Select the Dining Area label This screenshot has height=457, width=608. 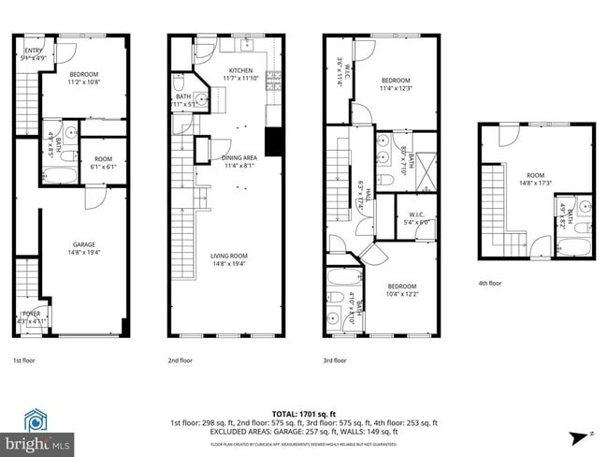[x=239, y=163]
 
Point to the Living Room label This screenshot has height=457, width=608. [x=227, y=260]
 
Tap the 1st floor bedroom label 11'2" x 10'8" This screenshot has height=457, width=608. [x=85, y=79]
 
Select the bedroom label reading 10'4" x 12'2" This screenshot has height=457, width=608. [x=402, y=291]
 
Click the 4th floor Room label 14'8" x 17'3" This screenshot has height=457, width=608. [x=535, y=179]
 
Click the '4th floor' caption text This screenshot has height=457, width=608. [x=489, y=284]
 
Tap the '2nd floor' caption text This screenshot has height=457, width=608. [x=181, y=360]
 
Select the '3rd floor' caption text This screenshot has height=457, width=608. [x=335, y=360]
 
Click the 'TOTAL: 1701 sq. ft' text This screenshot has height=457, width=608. [x=304, y=413]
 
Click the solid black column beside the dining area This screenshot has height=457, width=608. [x=274, y=141]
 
